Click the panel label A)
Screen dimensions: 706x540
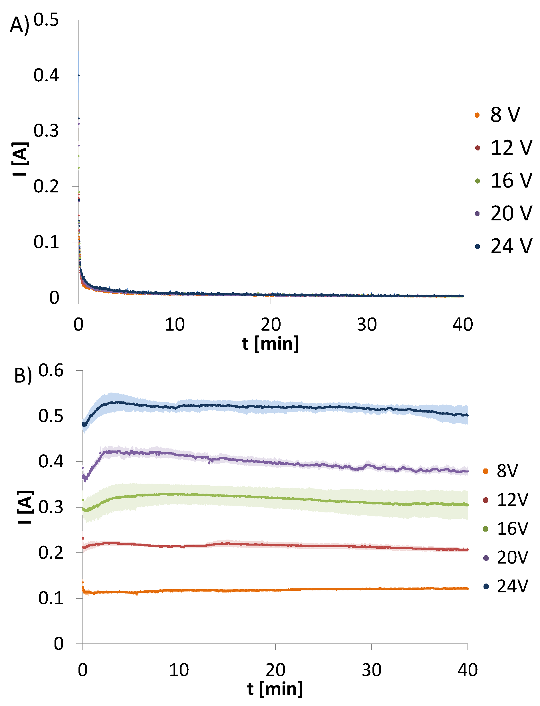19,25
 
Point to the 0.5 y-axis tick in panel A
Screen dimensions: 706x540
46,20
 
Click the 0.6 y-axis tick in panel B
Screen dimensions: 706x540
51,371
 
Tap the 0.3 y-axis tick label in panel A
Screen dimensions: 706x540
46,131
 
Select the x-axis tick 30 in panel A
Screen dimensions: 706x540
367,325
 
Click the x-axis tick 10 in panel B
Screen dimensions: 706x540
179,670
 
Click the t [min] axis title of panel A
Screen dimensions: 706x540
270,344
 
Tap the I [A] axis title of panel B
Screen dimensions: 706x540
25,507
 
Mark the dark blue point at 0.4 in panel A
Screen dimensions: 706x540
79,75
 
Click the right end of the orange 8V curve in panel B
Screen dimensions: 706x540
467,589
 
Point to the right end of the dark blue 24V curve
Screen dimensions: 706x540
467,415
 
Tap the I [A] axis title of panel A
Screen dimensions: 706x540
20,159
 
